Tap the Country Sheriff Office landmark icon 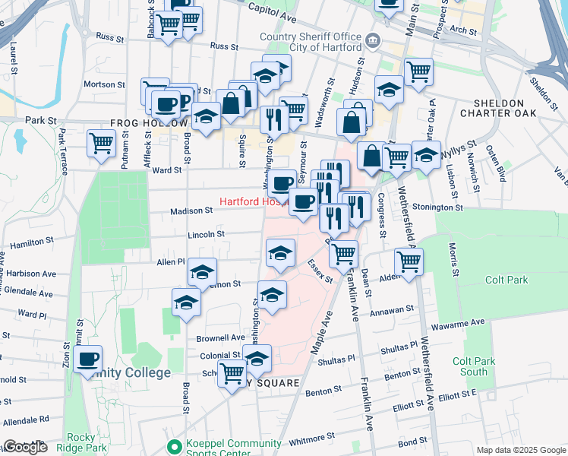tap(372, 40)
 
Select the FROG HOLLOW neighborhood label tap(149, 123)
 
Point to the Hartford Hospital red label tap(254, 202)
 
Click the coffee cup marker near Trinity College tap(87, 358)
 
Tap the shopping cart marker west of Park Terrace tap(101, 142)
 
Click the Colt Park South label tap(469, 366)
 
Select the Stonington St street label tap(437, 207)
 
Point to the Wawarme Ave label tap(458, 322)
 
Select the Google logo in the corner tap(25, 447)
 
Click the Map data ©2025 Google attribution tap(520, 450)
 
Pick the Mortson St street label tap(104, 84)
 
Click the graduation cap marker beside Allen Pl tap(202, 271)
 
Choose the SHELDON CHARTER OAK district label tap(498, 108)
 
